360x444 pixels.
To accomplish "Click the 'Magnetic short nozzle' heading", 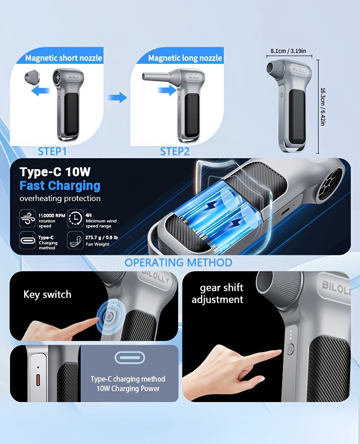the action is coord(64,58).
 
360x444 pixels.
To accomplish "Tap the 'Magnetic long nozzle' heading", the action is coord(185,58).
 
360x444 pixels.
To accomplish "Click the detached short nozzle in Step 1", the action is coord(32,77).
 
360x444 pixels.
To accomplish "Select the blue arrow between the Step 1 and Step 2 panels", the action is coord(117,98).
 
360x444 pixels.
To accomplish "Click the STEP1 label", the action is coord(52,151).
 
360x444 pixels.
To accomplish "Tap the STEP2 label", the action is coord(175,151).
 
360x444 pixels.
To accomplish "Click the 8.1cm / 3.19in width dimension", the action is coord(288,51).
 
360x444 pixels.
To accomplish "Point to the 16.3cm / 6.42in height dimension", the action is coord(323,107).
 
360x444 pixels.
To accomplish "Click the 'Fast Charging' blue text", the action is coord(60,186).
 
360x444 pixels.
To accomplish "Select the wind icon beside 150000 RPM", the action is coord(27,218).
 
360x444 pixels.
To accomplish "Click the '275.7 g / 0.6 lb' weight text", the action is coord(102,237).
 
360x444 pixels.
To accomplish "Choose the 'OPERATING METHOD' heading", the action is coord(178,263).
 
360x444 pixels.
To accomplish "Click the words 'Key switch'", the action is coord(47,294).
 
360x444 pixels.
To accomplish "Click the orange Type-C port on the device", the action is coord(38,380).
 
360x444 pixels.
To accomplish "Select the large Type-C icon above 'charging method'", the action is coord(129,358).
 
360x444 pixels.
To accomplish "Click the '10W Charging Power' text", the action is coord(128,388).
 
